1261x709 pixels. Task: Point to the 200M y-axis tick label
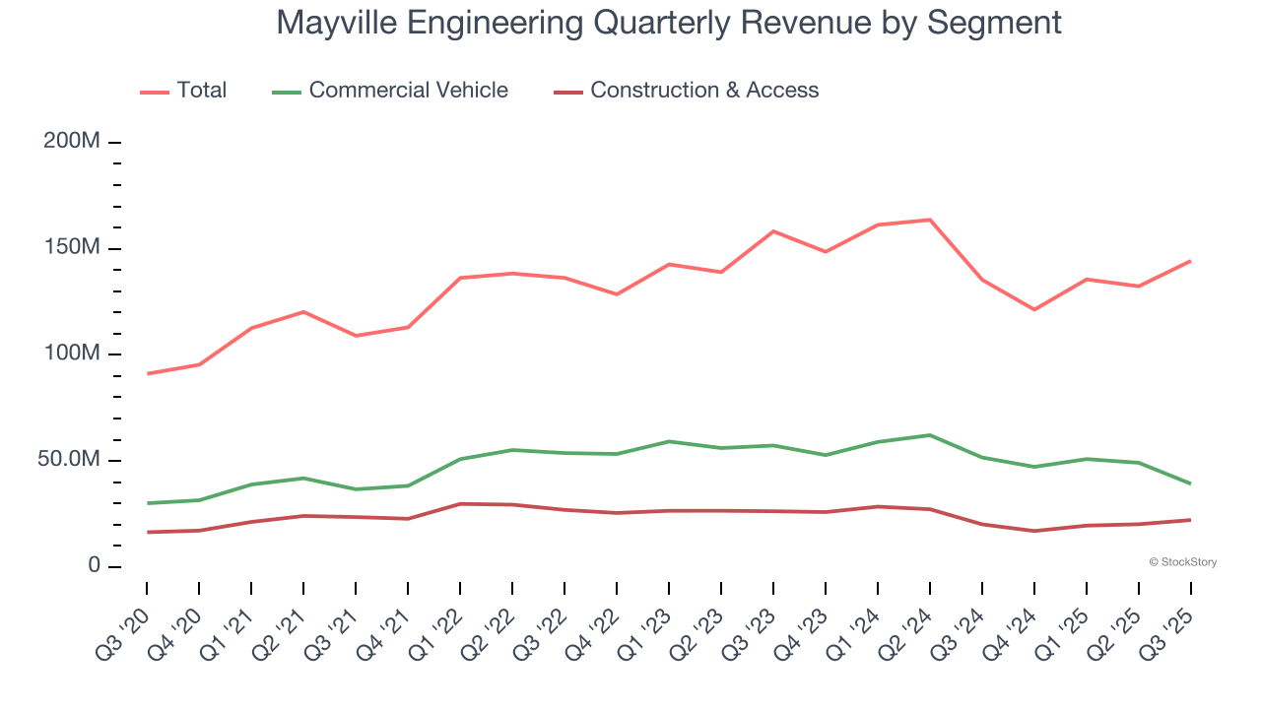[x=72, y=142]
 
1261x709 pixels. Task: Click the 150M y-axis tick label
[x=72, y=248]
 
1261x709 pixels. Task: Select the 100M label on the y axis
[x=72, y=354]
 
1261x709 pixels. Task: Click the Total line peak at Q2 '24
[x=929, y=220]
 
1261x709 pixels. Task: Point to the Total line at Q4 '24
[x=1033, y=309]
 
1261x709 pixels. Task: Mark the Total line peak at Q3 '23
[x=773, y=231]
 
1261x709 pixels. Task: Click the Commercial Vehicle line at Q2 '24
[x=929, y=435]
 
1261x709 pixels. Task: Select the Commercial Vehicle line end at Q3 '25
[x=1190, y=483]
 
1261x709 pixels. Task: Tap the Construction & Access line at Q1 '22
[x=460, y=504]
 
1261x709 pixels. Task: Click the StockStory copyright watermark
[x=1182, y=562]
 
